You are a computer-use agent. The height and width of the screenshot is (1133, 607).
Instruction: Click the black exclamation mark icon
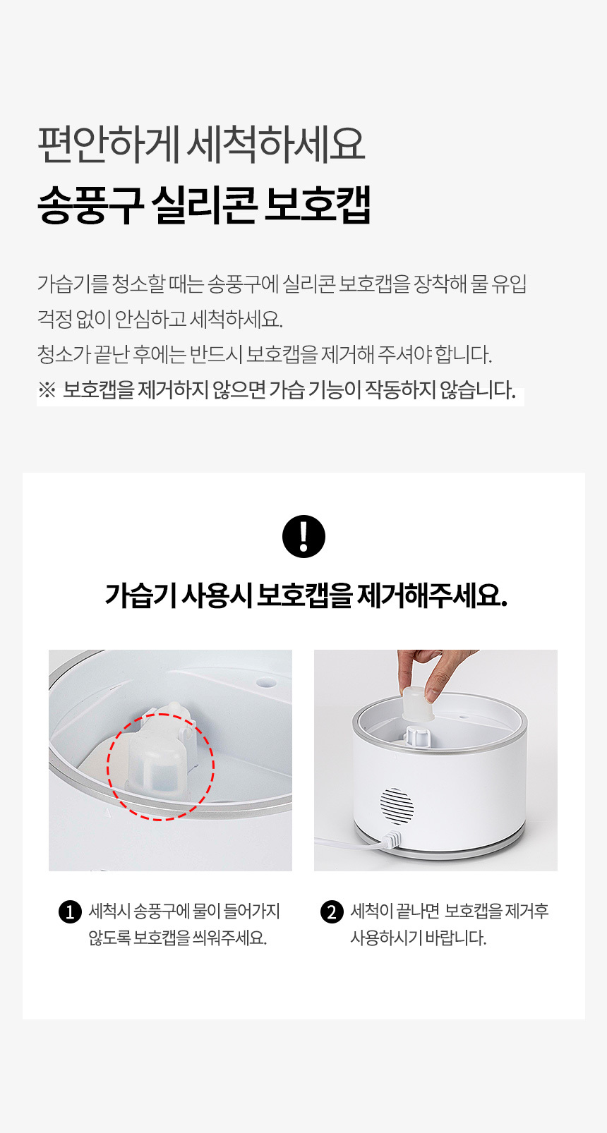pos(303,536)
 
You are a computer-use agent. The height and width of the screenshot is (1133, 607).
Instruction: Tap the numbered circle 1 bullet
pos(71,912)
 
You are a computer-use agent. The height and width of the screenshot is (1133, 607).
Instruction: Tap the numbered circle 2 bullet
pos(332,912)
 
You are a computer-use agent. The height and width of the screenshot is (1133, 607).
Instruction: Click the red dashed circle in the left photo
pos(160,767)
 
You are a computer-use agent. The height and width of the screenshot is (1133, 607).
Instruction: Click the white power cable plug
pos(390,841)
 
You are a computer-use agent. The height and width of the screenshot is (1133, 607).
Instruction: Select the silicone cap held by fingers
pos(418,704)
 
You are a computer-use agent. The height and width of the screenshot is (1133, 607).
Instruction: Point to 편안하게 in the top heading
pos(109,145)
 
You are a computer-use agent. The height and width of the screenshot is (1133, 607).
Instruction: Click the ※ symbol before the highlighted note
pos(47,390)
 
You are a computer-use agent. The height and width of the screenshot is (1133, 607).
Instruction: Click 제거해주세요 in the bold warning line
pos(432,595)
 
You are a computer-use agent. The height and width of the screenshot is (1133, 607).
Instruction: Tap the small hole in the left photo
pos(265,682)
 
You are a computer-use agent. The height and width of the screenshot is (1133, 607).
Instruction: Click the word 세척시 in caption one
pos(109,911)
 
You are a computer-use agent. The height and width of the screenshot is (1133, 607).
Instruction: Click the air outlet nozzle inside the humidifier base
pos(417,736)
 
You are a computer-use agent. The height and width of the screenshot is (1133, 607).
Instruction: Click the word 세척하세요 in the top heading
pos(276,145)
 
